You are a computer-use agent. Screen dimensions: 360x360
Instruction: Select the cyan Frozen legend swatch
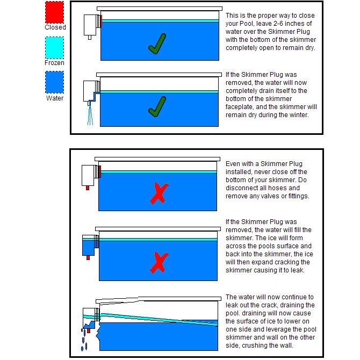(x=54, y=48)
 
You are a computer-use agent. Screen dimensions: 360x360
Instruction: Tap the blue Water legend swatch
(x=54, y=82)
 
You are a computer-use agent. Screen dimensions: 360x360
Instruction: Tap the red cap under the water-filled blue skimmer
(x=88, y=258)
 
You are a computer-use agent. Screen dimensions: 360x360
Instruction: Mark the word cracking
(x=282, y=262)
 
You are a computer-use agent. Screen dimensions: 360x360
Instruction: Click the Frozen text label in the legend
(x=54, y=63)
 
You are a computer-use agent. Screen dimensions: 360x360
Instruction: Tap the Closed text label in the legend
(x=55, y=27)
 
